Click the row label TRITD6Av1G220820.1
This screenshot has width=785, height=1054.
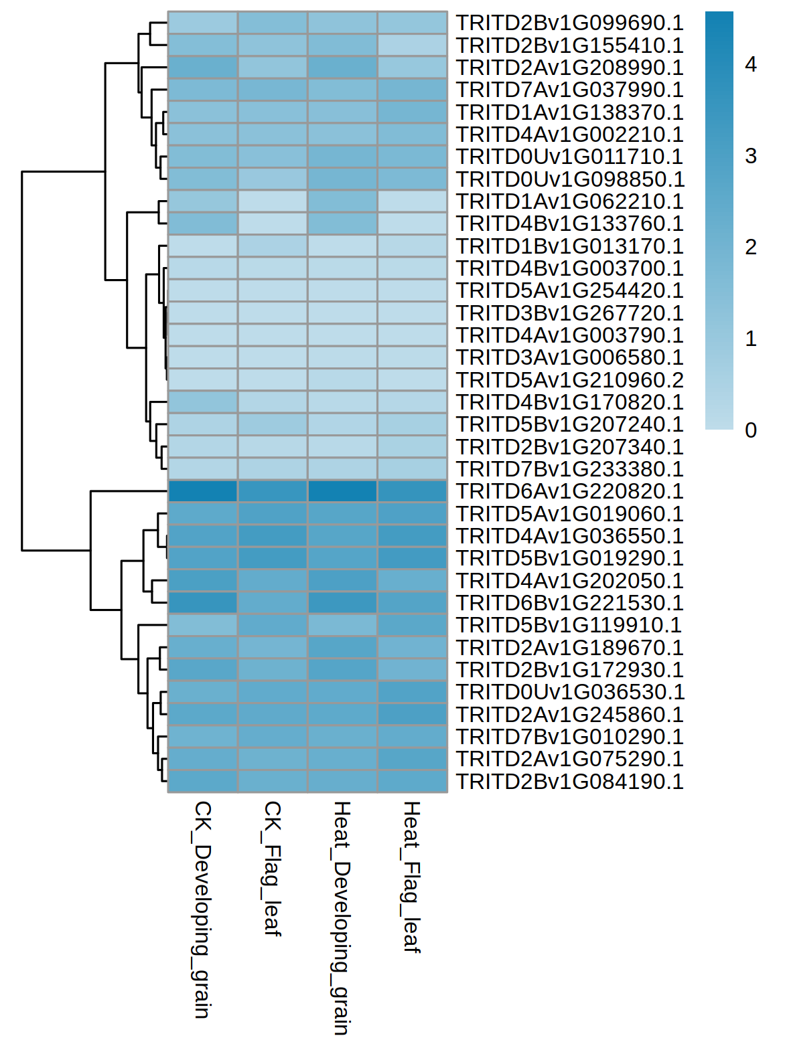point(569,491)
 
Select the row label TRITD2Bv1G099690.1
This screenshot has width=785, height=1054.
point(569,23)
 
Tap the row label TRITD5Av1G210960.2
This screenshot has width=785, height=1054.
point(569,380)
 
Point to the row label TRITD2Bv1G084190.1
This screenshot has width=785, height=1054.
point(569,782)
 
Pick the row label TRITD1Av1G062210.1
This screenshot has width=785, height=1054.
point(569,201)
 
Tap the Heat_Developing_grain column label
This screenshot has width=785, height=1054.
point(342,917)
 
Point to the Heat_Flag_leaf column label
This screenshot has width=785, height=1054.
point(411,876)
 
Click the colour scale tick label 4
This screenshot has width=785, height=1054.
point(751,64)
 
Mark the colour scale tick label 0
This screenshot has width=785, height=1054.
point(751,430)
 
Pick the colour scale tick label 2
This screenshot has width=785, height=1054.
point(751,248)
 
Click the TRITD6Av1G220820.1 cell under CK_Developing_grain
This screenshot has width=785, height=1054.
point(203,491)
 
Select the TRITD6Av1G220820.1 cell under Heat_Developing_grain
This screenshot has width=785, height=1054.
point(342,491)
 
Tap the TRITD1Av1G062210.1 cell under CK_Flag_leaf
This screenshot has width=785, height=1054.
point(273,201)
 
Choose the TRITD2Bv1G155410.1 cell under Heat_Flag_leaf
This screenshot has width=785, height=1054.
point(412,45)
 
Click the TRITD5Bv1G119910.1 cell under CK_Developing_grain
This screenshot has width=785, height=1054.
point(203,625)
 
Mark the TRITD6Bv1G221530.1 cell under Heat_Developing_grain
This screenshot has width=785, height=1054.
point(342,603)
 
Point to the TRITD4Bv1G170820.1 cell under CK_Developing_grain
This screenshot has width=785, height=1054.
point(203,402)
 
